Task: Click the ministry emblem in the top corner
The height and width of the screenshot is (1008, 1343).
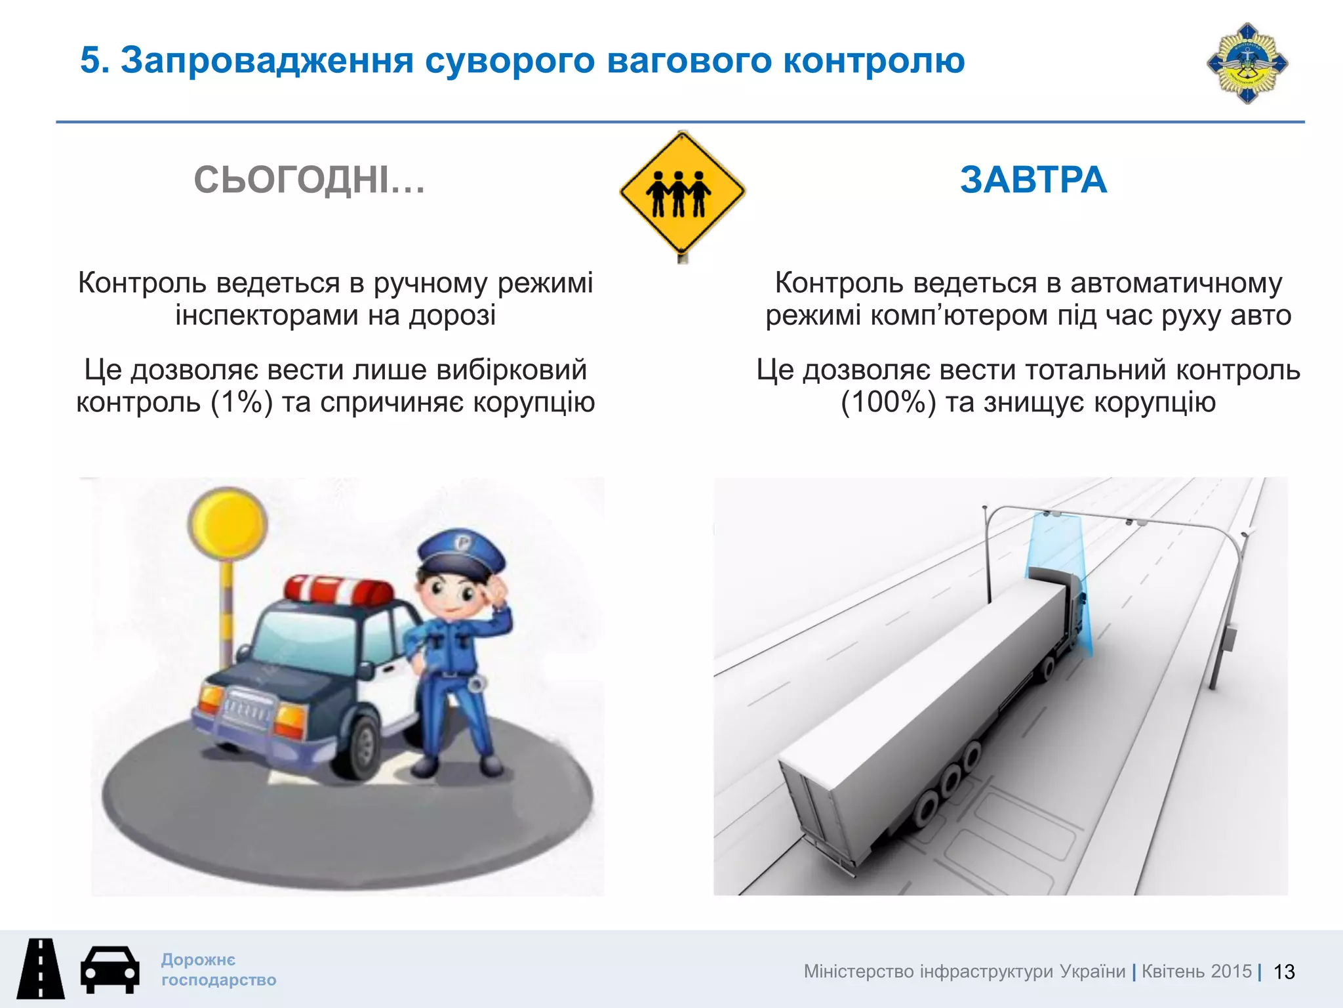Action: (1247, 64)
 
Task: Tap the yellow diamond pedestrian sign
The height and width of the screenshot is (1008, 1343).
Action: (682, 192)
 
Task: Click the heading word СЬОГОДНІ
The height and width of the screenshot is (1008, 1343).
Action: (310, 180)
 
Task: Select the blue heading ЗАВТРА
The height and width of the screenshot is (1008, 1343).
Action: (1033, 180)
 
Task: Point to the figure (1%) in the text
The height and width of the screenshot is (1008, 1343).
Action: (241, 402)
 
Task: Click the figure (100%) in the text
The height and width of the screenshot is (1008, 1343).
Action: (888, 402)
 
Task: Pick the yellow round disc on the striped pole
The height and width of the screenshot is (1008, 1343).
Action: (228, 523)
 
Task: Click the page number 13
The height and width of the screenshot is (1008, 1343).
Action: (1283, 972)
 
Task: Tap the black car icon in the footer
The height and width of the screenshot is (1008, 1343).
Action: (110, 969)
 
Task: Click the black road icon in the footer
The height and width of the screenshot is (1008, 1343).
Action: (41, 969)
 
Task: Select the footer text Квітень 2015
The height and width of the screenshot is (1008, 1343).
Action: (1196, 971)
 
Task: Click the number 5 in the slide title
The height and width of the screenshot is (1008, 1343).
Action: (90, 60)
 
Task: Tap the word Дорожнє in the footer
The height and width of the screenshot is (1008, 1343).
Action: (198, 959)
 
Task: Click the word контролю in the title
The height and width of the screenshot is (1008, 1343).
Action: (873, 60)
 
